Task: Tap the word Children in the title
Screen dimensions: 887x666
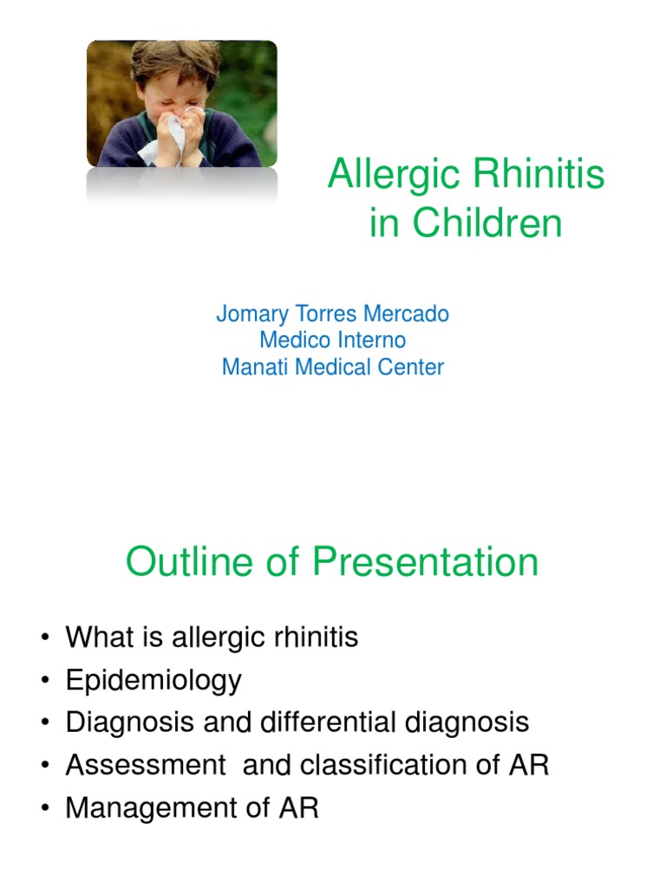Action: (487, 224)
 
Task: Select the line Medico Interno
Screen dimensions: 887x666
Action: (332, 340)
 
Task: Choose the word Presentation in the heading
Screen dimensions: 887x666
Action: (425, 562)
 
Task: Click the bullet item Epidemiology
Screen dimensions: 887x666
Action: (153, 681)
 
